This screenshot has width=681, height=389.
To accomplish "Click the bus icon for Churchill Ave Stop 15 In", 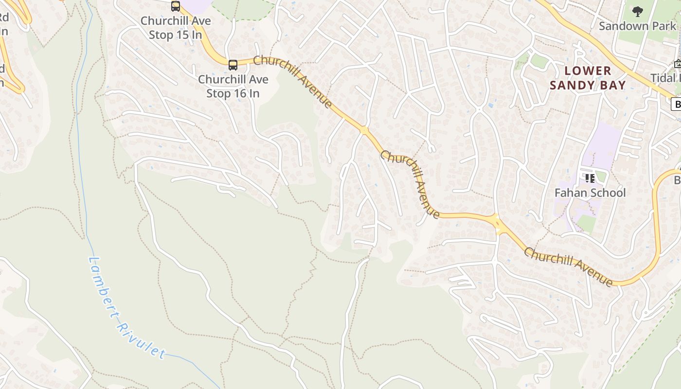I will (176, 6).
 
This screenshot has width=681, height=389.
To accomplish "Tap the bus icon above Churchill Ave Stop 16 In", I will (233, 65).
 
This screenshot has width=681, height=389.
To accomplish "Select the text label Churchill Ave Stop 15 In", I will (176, 28).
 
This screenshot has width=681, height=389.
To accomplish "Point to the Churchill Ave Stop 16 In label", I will (233, 86).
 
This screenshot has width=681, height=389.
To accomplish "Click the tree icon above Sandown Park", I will (637, 12).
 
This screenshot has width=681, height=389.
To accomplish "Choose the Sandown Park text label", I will (637, 26).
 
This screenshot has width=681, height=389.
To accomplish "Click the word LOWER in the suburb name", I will (588, 71).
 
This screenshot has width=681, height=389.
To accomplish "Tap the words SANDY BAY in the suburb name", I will (588, 86).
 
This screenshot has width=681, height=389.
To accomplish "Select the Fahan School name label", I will (590, 193).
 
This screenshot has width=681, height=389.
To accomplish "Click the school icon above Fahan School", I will (590, 178).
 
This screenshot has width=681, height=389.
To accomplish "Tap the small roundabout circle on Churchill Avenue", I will (364, 130).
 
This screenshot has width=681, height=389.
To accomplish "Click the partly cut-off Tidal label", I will (665, 78).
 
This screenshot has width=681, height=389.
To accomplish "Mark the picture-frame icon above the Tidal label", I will (678, 64).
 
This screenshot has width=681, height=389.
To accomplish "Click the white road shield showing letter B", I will (676, 104).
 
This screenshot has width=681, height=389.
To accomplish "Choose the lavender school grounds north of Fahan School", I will (602, 146).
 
